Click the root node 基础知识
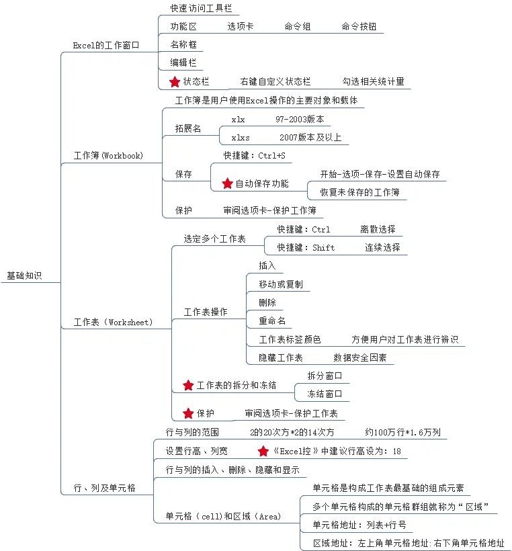tap(24, 275)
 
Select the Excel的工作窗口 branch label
tap(106, 45)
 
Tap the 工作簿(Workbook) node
tap(108, 155)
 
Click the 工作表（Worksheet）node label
tap(113, 322)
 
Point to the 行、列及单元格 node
tap(104, 488)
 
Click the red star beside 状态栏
tap(175, 81)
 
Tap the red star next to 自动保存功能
tap(227, 183)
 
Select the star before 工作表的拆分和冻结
tap(188, 385)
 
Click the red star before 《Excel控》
tap(263, 451)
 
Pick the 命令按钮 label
tap(359, 27)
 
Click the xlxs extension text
tap(241, 138)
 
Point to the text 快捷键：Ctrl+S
tap(254, 156)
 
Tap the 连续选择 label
tap(382, 247)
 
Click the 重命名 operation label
tap(271, 321)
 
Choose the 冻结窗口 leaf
tap(325, 394)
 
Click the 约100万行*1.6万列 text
tap(402, 432)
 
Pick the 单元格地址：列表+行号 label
tap(359, 525)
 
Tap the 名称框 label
tap(183, 45)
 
